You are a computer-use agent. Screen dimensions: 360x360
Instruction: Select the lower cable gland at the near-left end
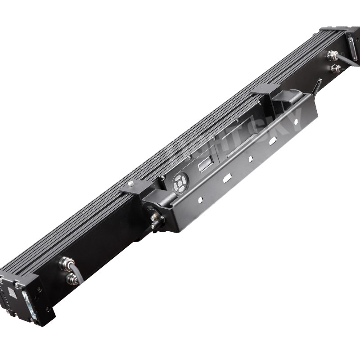[72, 279]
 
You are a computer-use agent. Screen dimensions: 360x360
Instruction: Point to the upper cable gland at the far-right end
[332, 56]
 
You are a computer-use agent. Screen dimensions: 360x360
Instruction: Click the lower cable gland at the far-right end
[335, 68]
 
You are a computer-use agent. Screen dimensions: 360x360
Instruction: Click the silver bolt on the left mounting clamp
[131, 184]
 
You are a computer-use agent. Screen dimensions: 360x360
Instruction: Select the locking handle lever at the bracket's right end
[318, 85]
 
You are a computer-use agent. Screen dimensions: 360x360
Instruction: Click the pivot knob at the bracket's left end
[156, 220]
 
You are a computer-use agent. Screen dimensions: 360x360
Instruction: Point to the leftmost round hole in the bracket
[201, 198]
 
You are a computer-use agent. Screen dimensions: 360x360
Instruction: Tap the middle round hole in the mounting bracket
[251, 158]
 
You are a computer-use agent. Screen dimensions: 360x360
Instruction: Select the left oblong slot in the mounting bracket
[227, 178]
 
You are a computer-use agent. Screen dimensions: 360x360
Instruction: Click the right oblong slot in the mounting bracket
[272, 141]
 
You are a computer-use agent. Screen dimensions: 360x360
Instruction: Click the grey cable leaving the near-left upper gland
[78, 272]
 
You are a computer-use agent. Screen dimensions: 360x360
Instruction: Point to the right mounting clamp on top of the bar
[265, 90]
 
